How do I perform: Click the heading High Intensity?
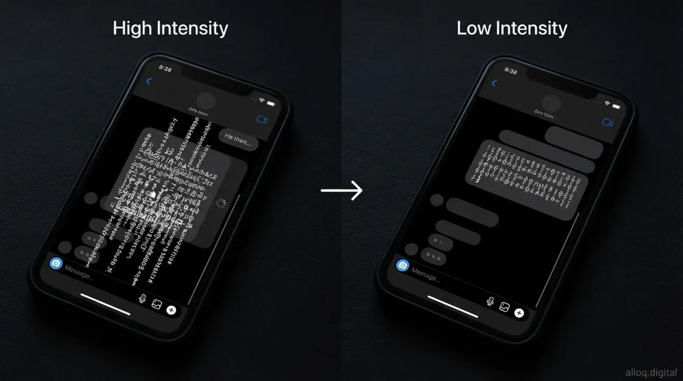coord(170,28)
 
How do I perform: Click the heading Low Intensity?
coord(512,28)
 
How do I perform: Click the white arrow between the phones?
coord(342,190)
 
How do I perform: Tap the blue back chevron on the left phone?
coord(150,82)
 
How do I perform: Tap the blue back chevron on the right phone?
coord(494,83)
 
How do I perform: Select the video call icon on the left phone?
coord(262,119)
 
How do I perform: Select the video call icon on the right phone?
coord(608,122)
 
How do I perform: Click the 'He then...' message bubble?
coord(238,140)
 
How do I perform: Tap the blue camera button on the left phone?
coord(56,263)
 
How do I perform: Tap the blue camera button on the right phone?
coord(403,265)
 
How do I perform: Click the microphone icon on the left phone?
coord(143,298)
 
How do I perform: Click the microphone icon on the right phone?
coord(490,301)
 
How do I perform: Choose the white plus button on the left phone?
coord(171,310)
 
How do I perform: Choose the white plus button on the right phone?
coord(519,313)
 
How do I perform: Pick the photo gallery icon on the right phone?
coord(504,307)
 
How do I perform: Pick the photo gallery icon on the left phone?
coord(157,304)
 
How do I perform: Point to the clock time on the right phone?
coord(511,71)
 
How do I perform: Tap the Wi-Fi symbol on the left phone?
coord(262,100)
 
